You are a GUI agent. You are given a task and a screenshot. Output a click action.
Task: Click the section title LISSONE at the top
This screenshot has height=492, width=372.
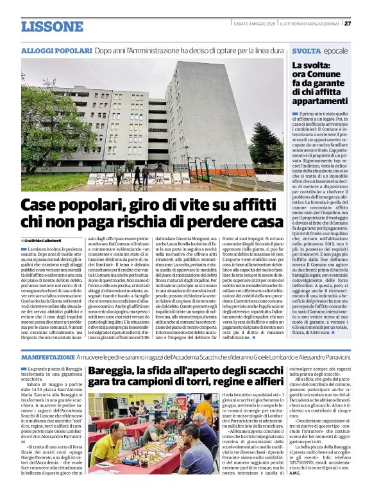pyautogui.click(x=52, y=26)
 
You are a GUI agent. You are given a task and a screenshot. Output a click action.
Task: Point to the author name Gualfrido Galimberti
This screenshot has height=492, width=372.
pyautogui.click(x=53, y=240)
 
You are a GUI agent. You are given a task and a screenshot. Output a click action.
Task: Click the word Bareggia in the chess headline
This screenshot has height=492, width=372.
pyautogui.click(x=112, y=371)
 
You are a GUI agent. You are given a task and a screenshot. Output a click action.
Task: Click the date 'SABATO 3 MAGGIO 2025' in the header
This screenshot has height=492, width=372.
pyautogui.click(x=255, y=24)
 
